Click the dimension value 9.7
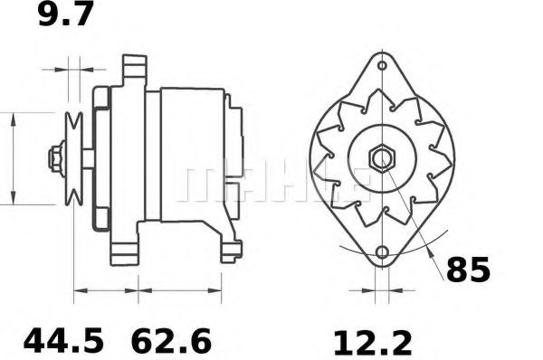click(65, 15)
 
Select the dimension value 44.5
click(64, 342)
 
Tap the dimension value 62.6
click(172, 342)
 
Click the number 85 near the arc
click(468, 270)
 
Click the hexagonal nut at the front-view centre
click(381, 158)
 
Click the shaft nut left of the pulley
click(57, 159)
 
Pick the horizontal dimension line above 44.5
click(105, 291)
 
